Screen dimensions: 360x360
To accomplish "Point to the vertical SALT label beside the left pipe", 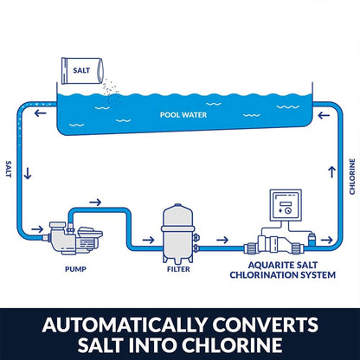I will click(10, 170).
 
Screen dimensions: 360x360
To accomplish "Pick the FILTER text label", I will click(177, 269).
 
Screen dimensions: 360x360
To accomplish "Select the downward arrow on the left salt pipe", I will click(29, 173).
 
